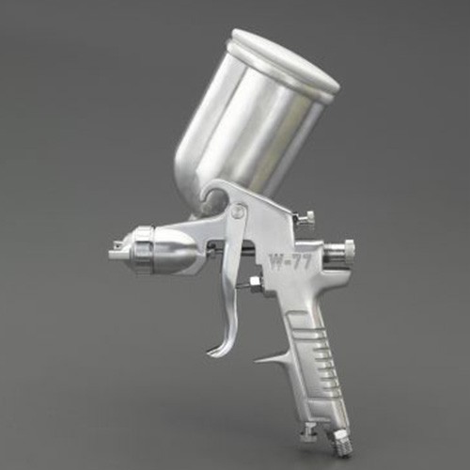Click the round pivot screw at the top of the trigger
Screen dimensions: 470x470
238,211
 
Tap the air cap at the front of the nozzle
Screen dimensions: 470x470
120,247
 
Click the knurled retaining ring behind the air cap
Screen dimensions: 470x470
143,251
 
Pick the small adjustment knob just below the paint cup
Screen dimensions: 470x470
307,218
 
